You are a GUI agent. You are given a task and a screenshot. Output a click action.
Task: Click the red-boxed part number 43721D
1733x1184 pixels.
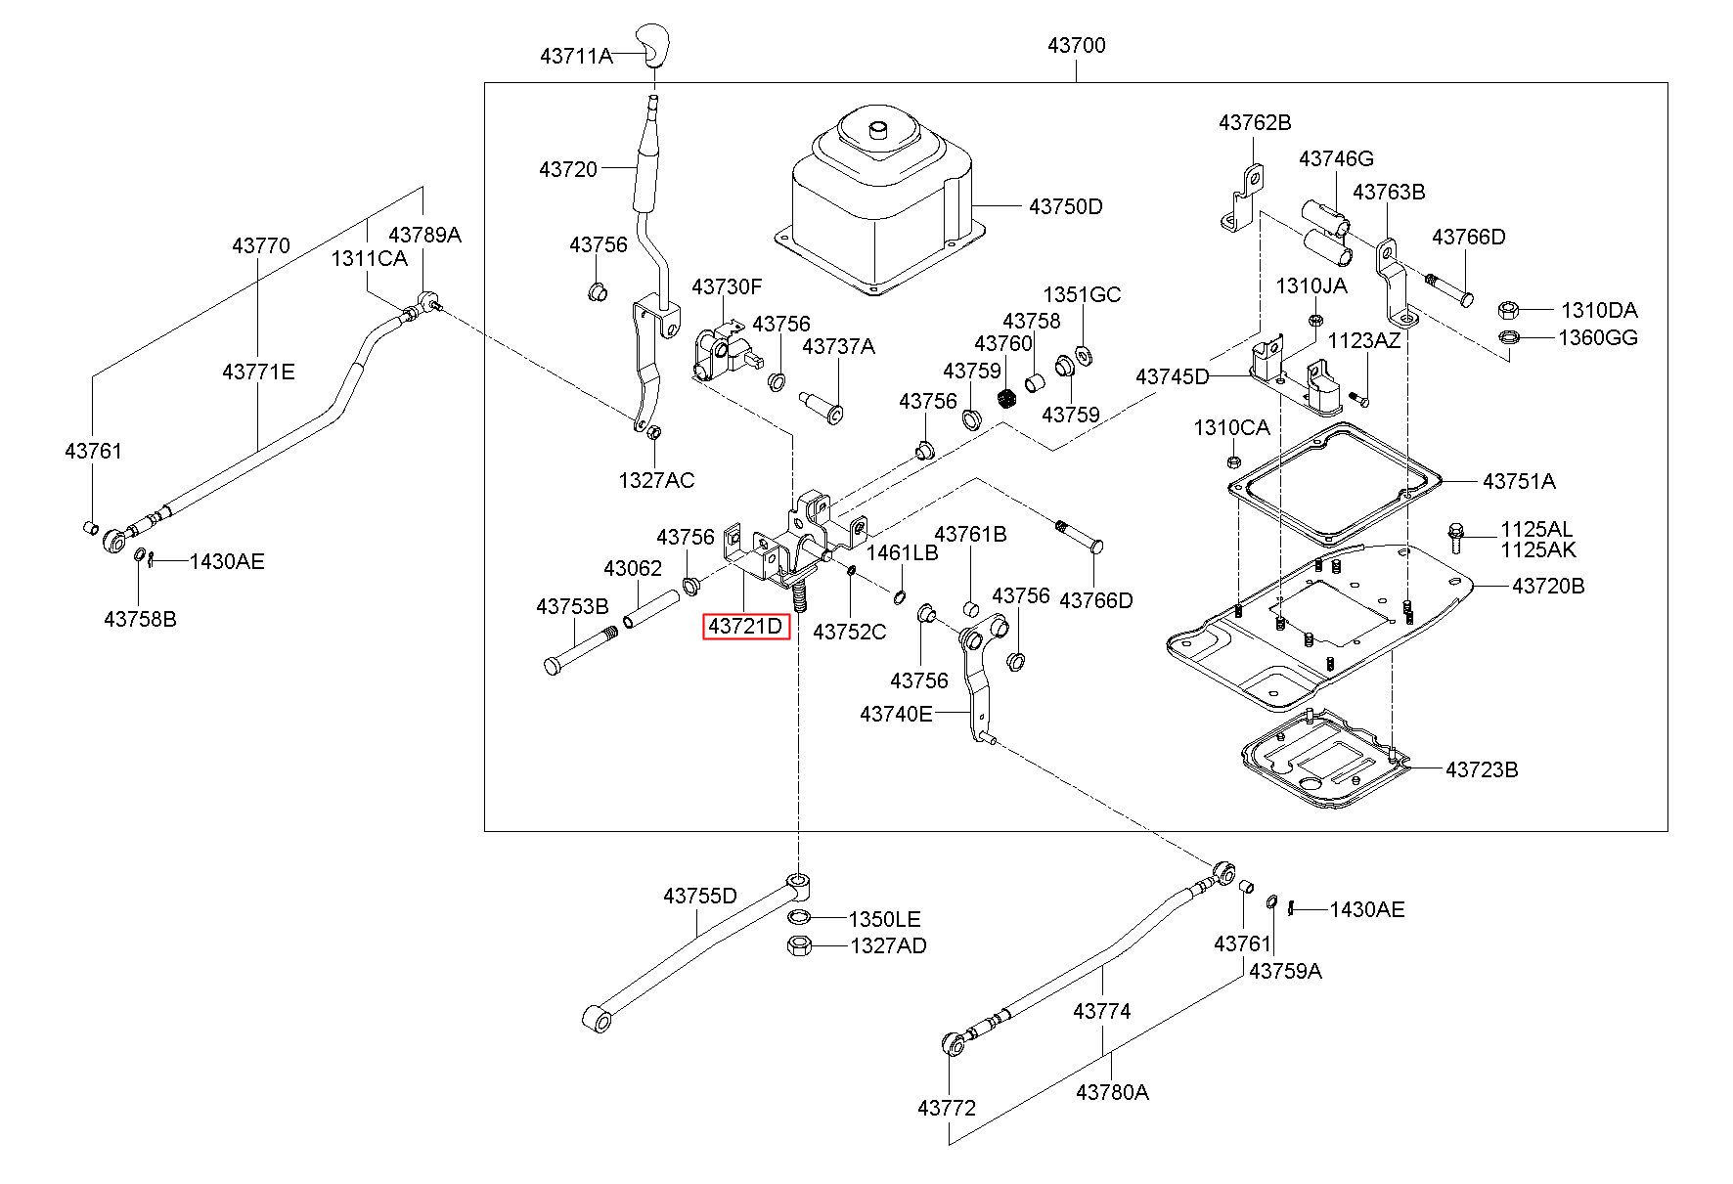click(746, 626)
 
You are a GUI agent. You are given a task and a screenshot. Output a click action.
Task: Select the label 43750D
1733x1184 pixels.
click(1065, 206)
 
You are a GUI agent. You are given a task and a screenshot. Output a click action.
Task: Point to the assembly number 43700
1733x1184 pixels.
click(1076, 45)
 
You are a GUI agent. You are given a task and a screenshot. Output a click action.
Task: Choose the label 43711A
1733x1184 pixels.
click(576, 57)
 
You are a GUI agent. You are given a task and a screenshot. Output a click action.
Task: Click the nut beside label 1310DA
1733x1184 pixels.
click(1507, 311)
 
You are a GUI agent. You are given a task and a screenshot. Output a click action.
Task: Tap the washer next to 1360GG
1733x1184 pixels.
click(1508, 338)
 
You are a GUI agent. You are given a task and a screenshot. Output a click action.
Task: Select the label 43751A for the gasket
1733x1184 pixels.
click(1519, 481)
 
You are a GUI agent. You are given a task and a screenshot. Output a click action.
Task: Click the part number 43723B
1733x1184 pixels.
click(1483, 769)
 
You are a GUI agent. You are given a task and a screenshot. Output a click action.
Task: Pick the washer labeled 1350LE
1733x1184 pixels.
click(799, 918)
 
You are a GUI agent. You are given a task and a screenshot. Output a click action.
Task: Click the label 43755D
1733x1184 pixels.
click(700, 896)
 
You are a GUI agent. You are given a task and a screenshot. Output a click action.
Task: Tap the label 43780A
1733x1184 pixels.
click(1112, 1092)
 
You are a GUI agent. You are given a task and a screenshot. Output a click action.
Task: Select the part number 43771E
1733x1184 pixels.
click(258, 372)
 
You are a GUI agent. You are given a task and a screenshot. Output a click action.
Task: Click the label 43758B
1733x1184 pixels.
click(140, 619)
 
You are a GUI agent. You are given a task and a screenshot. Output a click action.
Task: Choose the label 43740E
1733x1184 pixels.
click(897, 714)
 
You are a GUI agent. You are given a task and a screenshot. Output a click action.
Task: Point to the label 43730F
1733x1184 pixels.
click(727, 286)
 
